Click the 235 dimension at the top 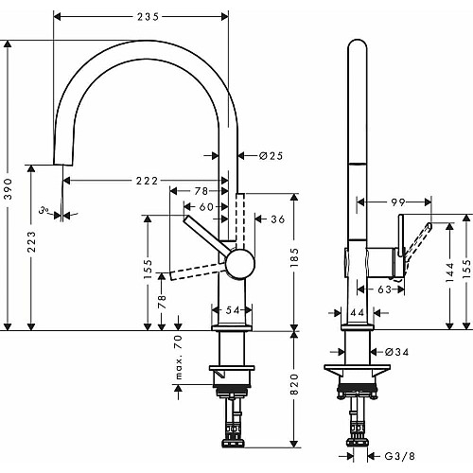pos(148,17)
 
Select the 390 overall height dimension pos(9,188)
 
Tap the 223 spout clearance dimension pos(31,242)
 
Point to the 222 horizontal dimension pos(147,181)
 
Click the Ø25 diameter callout pos(272,156)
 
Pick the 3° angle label pos(44,210)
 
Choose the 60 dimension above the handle pos(206,207)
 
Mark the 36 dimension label pos(278,219)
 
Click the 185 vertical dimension pos(294,257)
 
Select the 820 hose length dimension pos(294,384)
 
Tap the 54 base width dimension pos(233,310)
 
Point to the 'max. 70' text pos(179,357)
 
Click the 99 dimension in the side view pos(397,202)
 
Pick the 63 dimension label pos(384,289)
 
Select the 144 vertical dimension pos(450,272)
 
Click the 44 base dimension pos(358,312)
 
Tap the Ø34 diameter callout pos(396,352)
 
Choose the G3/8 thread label pos(399,456)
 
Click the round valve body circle pos(240,264)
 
